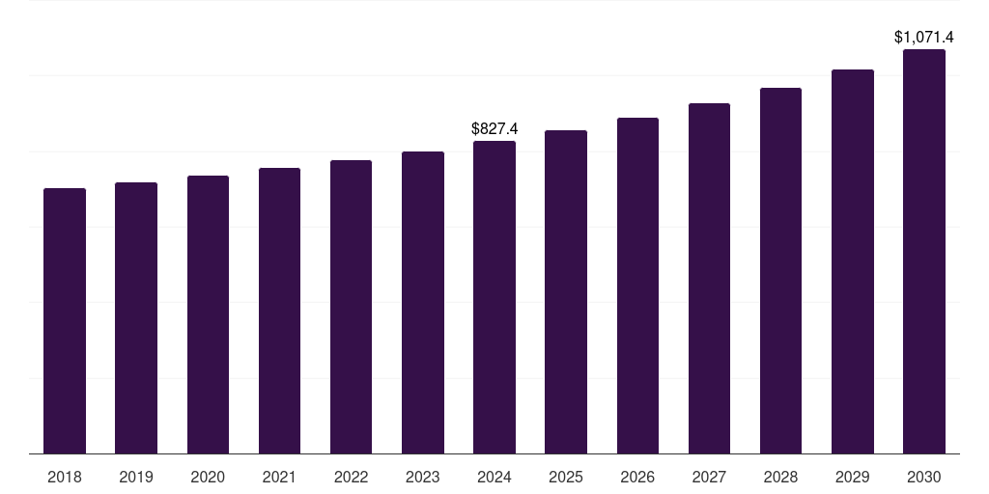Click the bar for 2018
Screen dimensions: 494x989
tap(65, 320)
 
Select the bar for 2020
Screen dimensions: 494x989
tap(208, 315)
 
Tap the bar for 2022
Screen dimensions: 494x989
tap(351, 307)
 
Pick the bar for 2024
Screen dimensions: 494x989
tap(494, 297)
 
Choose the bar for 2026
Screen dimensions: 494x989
tap(637, 286)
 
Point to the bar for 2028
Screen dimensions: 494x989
tap(780, 270)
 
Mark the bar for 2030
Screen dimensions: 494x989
tap(924, 251)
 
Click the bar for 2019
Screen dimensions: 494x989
tap(136, 317)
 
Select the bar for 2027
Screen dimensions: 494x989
tap(709, 278)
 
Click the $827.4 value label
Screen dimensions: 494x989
tap(494, 128)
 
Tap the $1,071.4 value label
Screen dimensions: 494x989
tap(924, 38)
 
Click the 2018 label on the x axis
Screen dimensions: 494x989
tap(65, 477)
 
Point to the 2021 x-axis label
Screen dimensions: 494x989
tap(279, 477)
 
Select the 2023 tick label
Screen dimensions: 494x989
tap(422, 477)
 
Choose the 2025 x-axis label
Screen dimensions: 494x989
tap(566, 477)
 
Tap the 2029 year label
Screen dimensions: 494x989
tap(852, 477)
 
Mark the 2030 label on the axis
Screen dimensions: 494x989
tap(924, 477)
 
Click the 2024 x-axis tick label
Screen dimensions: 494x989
tap(494, 477)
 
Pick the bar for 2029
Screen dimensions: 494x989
tap(852, 261)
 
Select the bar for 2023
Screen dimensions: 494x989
tap(422, 302)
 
